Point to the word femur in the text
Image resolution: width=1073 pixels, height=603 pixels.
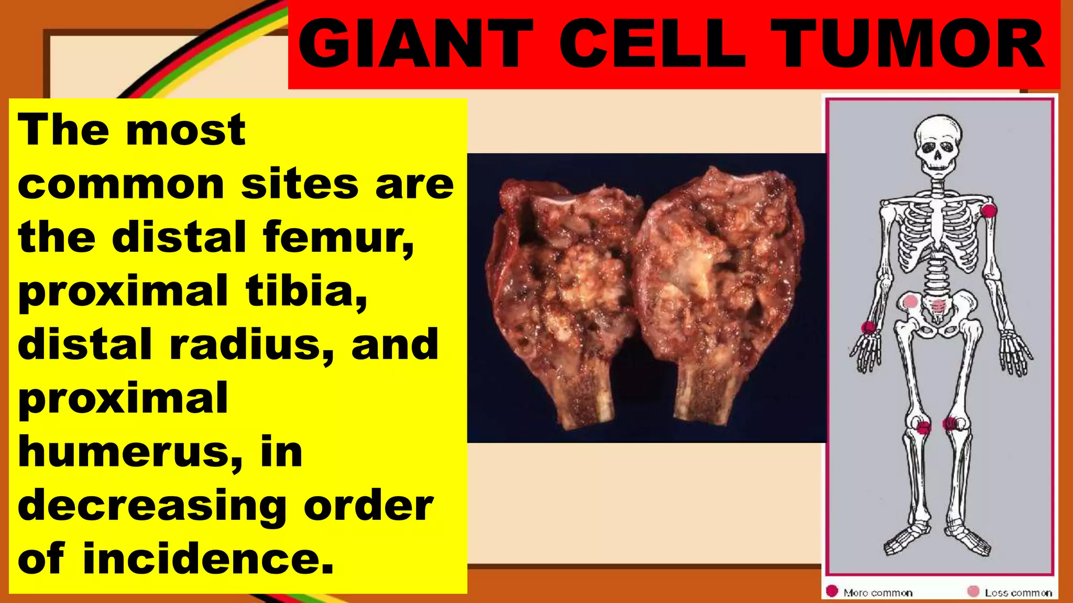point(338,237)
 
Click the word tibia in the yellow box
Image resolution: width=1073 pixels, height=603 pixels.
point(306,291)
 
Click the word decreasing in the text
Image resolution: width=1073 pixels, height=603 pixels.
point(152,507)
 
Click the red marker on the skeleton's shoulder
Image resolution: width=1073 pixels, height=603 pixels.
point(989,211)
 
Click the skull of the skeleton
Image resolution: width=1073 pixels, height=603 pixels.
point(938,144)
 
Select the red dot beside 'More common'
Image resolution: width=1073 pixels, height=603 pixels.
point(832,591)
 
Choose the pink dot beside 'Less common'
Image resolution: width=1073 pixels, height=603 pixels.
point(973,591)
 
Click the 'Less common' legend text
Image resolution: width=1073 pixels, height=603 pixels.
point(1018,593)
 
